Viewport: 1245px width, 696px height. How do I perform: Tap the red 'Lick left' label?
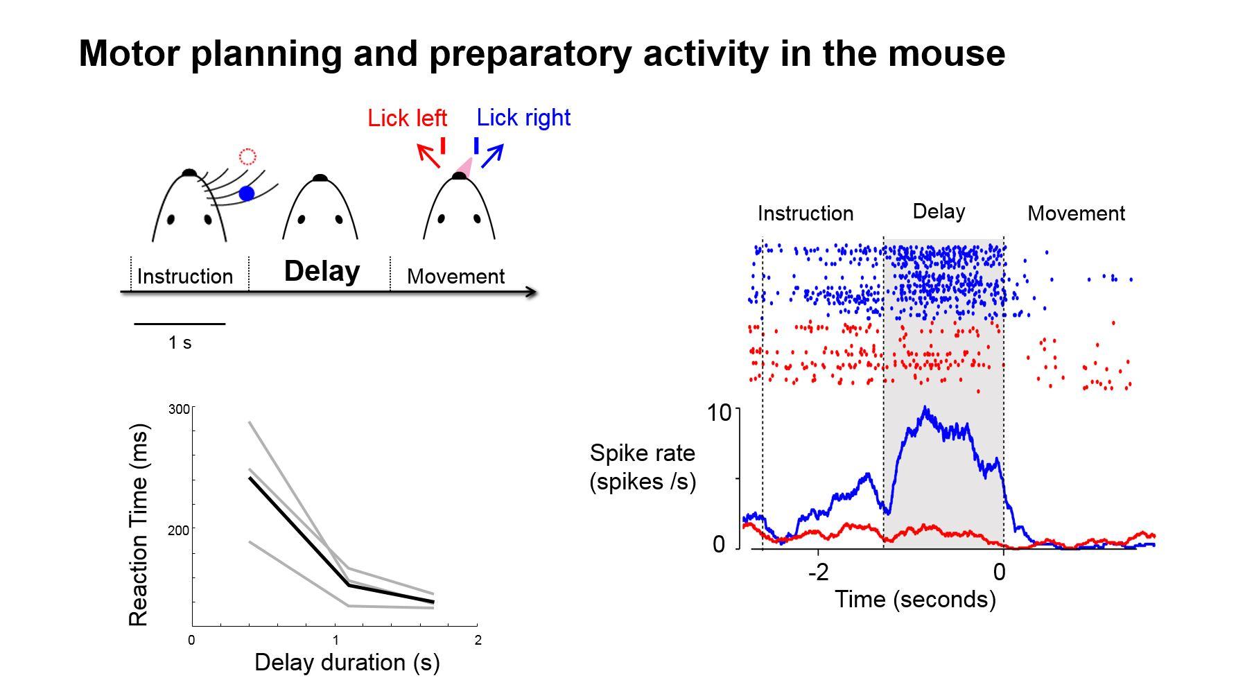pyautogui.click(x=407, y=119)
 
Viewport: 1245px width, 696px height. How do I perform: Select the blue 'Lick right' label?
pyautogui.click(x=523, y=118)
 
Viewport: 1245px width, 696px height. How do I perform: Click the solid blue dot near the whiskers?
pyautogui.click(x=246, y=193)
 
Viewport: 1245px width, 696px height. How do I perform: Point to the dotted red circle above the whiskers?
pyautogui.click(x=247, y=157)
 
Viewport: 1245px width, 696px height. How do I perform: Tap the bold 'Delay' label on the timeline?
pyautogui.click(x=322, y=271)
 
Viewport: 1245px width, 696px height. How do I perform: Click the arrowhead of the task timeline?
pyautogui.click(x=532, y=292)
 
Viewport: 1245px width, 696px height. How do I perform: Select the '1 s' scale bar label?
pyautogui.click(x=180, y=342)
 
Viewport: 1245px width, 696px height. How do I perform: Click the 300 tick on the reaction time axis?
pyautogui.click(x=179, y=410)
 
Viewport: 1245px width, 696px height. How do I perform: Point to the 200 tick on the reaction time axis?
pyautogui.click(x=179, y=530)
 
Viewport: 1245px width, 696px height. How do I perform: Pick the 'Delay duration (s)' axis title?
pyautogui.click(x=347, y=663)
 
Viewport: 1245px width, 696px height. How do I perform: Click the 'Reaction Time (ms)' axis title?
pyautogui.click(x=139, y=525)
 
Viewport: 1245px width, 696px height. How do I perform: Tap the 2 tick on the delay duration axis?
pyautogui.click(x=478, y=641)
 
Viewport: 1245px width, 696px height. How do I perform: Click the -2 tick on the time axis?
pyautogui.click(x=818, y=572)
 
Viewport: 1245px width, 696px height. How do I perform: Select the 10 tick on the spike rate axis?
pyautogui.click(x=720, y=413)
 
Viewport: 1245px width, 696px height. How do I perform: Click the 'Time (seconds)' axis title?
pyautogui.click(x=915, y=599)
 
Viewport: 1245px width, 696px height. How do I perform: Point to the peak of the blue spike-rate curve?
pyautogui.click(x=925, y=410)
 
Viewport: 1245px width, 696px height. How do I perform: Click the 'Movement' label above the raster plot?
pyautogui.click(x=1076, y=214)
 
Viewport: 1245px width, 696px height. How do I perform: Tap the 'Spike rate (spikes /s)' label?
pyautogui.click(x=643, y=467)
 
